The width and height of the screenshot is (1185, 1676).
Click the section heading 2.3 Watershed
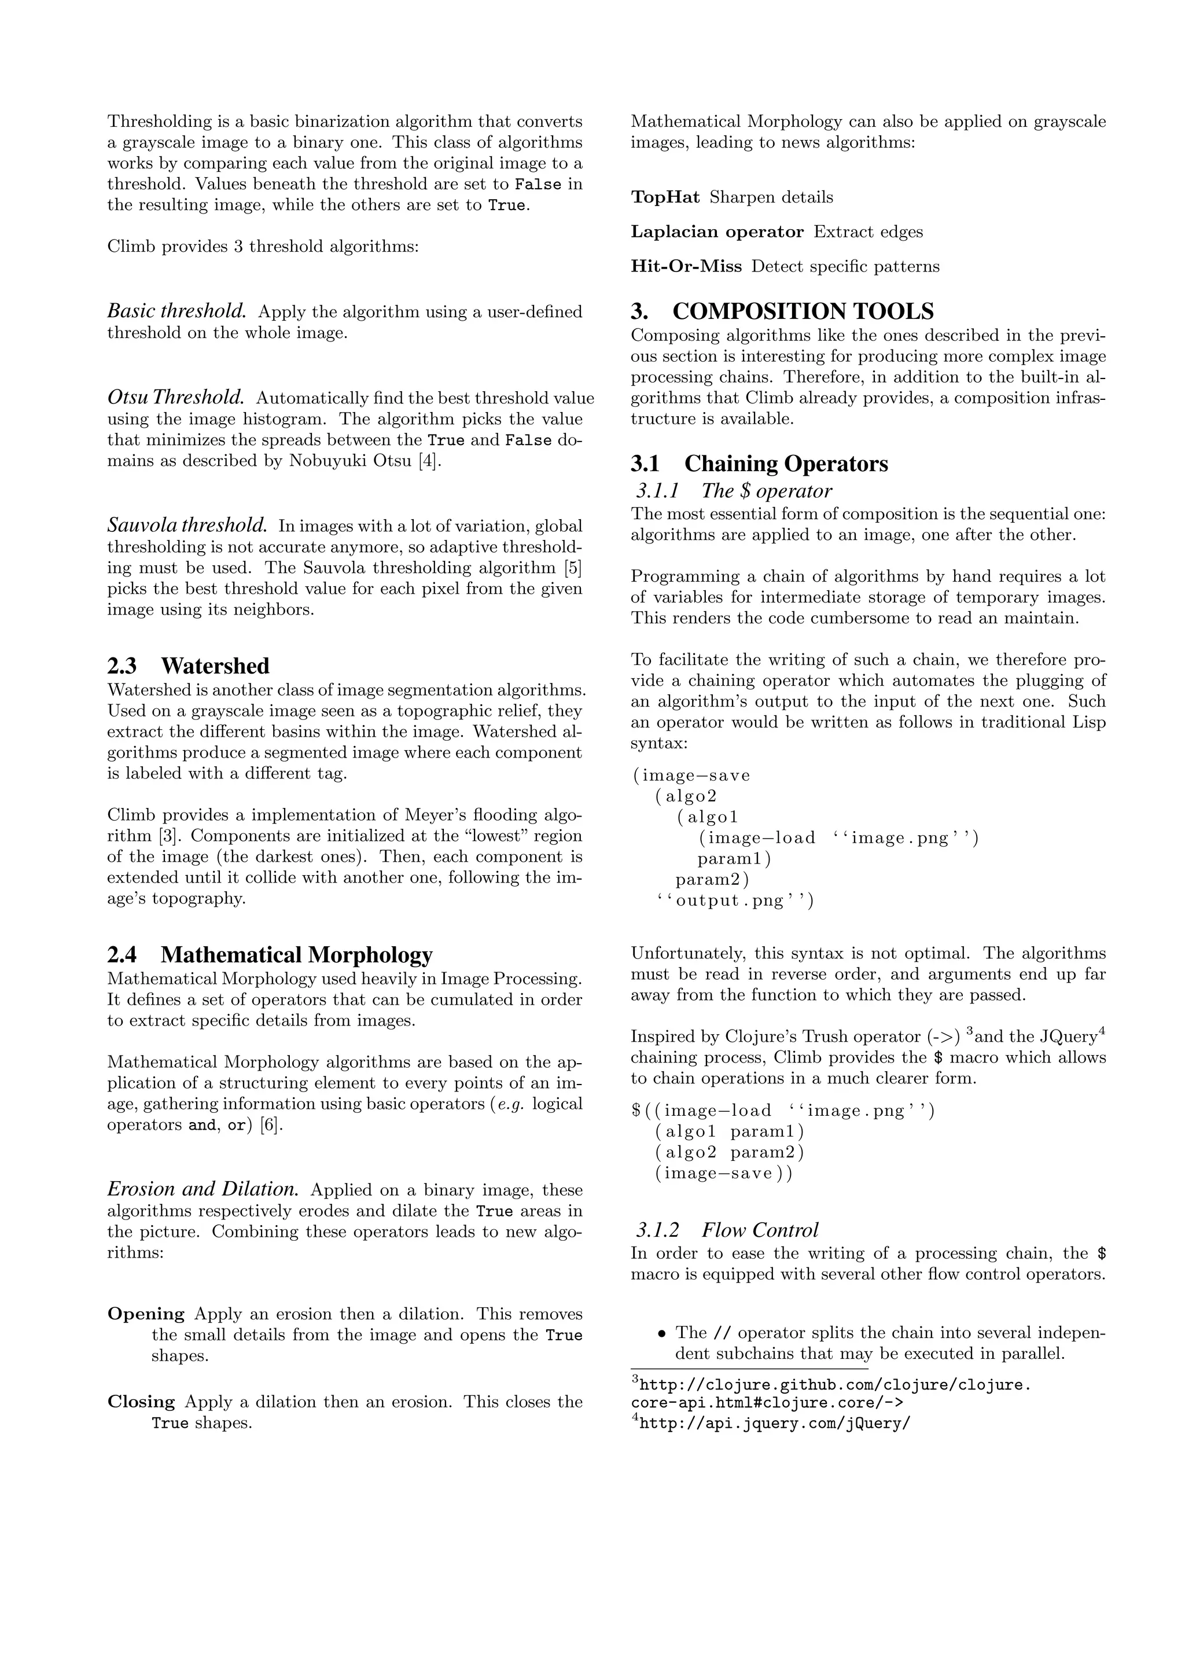(188, 666)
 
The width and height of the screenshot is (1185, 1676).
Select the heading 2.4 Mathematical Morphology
(270, 955)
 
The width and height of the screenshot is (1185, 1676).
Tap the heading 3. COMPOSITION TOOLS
(782, 312)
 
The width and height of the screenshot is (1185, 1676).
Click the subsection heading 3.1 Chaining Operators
(759, 464)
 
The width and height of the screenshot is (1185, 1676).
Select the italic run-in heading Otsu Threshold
(176, 398)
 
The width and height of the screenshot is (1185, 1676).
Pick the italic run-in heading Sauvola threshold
(187, 525)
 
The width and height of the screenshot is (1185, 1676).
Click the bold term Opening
(146, 1314)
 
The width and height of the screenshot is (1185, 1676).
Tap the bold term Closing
(142, 1402)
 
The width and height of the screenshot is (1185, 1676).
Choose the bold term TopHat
(665, 197)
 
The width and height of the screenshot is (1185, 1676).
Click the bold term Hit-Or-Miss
(686, 266)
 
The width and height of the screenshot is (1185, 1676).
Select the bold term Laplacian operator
(716, 232)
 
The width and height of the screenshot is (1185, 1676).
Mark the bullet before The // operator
(662, 1333)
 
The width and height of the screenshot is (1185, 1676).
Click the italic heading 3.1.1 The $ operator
(733, 491)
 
